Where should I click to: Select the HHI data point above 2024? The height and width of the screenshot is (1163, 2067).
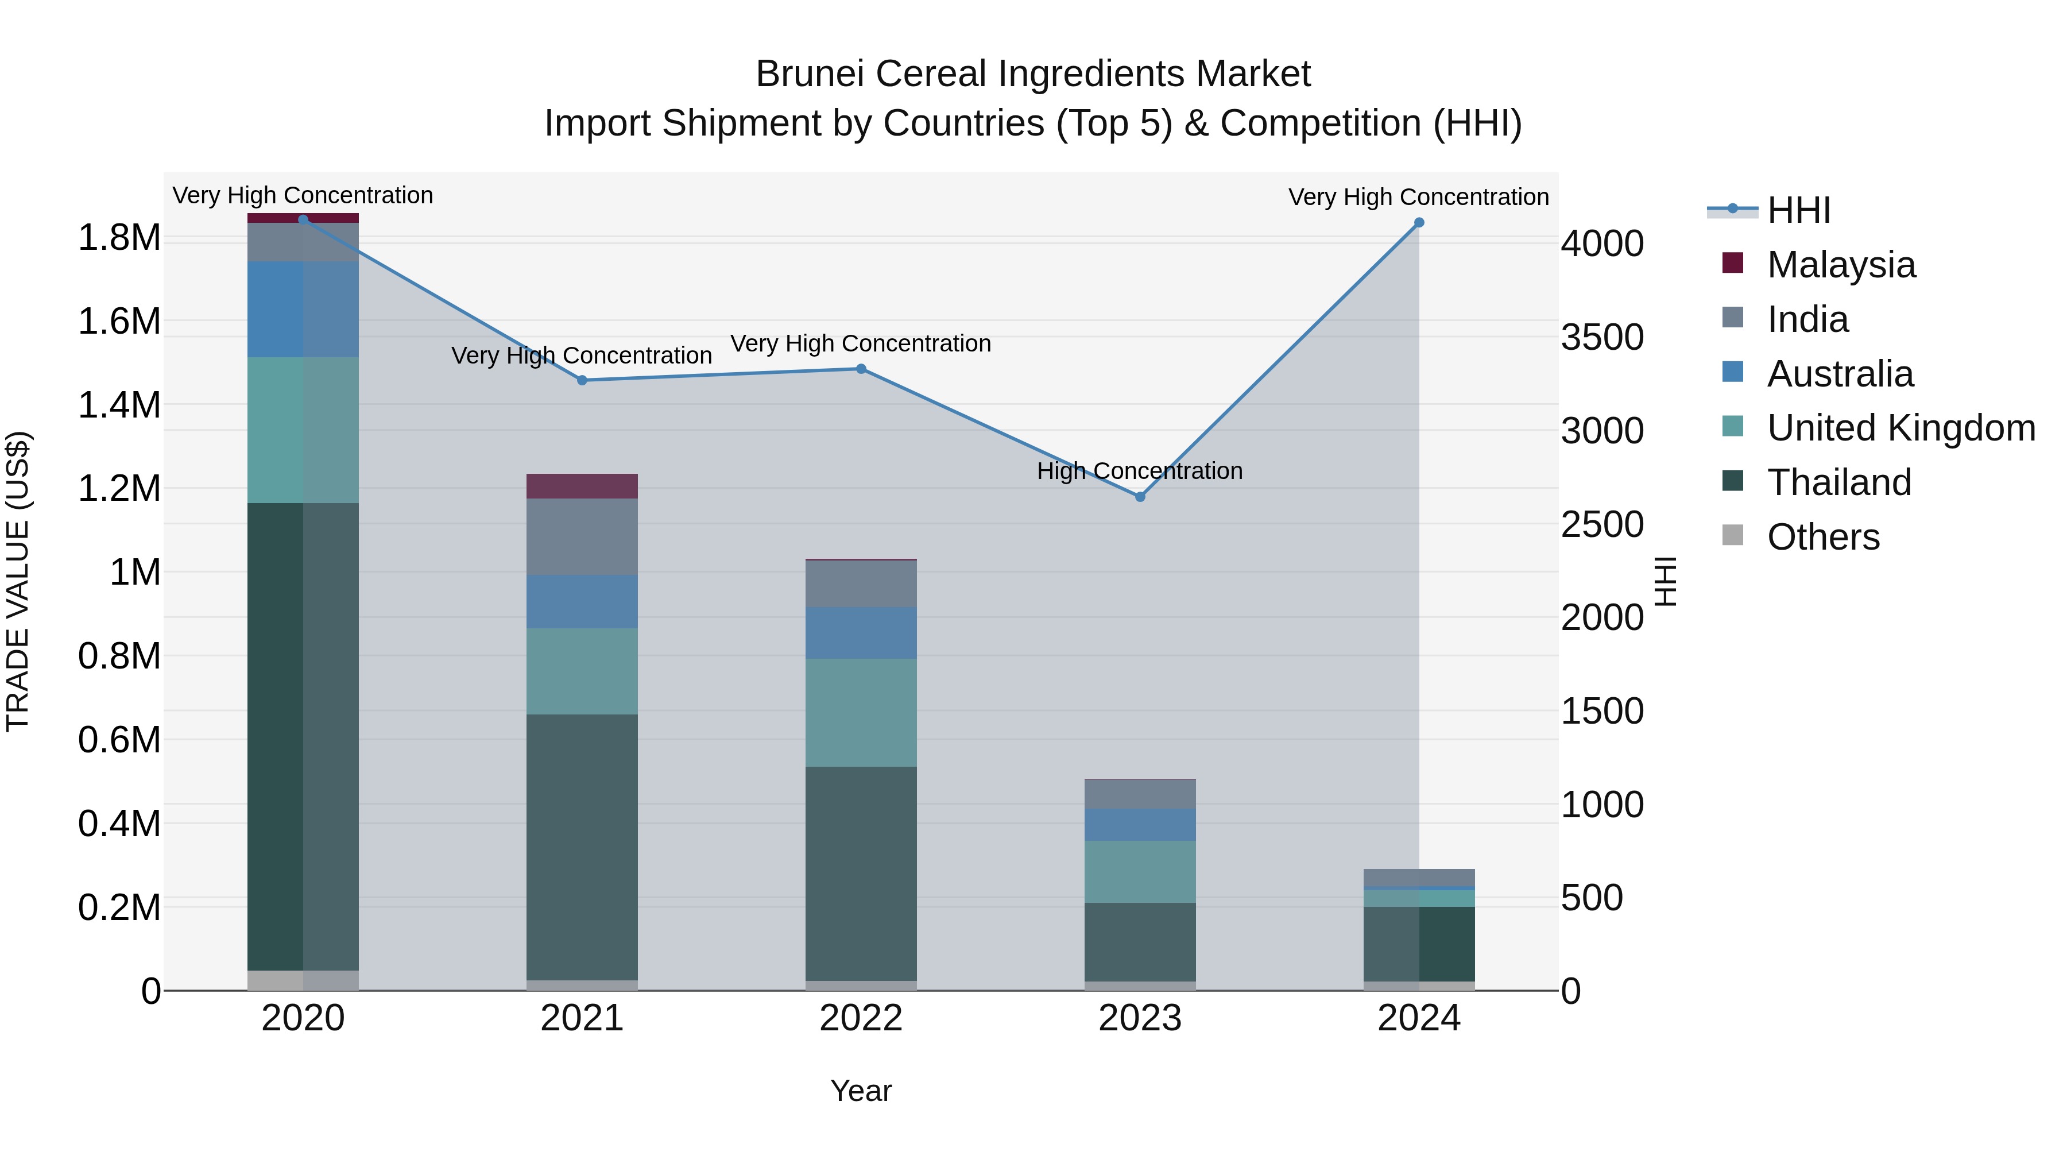point(1419,222)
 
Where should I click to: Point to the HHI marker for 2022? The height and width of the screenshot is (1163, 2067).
point(861,369)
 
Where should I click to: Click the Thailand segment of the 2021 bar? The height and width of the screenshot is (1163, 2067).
point(582,847)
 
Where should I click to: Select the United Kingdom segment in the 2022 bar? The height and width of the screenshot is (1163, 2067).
point(861,713)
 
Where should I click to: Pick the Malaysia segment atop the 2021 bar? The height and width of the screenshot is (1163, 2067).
point(582,486)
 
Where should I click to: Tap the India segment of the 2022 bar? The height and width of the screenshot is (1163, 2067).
point(861,584)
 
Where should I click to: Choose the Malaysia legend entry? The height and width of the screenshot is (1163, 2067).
point(1841,265)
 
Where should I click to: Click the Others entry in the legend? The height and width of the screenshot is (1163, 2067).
point(1823,537)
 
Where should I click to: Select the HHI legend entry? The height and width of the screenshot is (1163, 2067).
point(1798,210)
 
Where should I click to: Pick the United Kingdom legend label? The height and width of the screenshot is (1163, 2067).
point(1901,428)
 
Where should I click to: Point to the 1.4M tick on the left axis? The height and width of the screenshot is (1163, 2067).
point(119,405)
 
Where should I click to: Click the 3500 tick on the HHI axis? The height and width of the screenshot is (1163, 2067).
point(1601,337)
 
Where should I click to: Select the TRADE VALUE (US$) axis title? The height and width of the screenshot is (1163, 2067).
point(18,581)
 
